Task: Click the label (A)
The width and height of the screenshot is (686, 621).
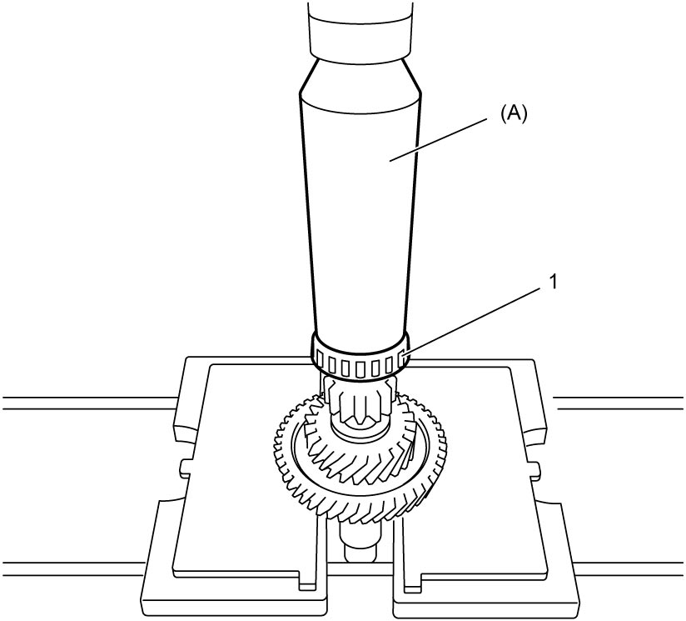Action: click(514, 113)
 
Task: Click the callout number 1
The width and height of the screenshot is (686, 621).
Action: click(554, 283)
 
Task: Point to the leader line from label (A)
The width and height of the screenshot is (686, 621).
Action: click(439, 139)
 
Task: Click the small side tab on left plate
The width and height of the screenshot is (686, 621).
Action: click(186, 468)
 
